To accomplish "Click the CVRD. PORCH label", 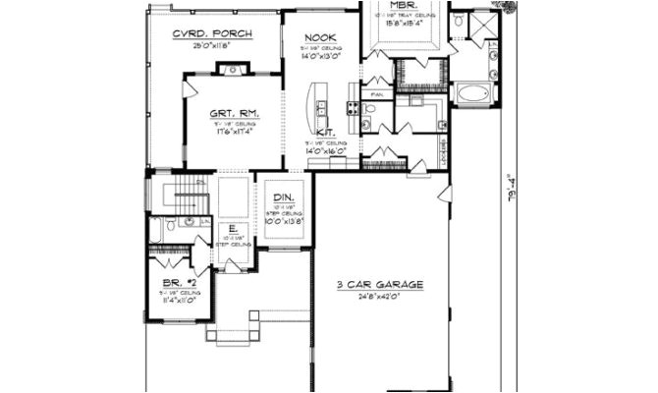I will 211,33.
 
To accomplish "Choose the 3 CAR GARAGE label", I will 380,285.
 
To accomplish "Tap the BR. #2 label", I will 177,282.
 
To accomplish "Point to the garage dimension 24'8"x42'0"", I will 380,296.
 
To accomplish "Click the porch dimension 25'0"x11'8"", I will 211,46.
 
